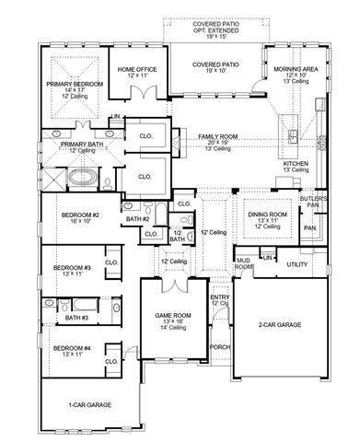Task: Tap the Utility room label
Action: tap(296, 264)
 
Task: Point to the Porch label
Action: tap(220, 347)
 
